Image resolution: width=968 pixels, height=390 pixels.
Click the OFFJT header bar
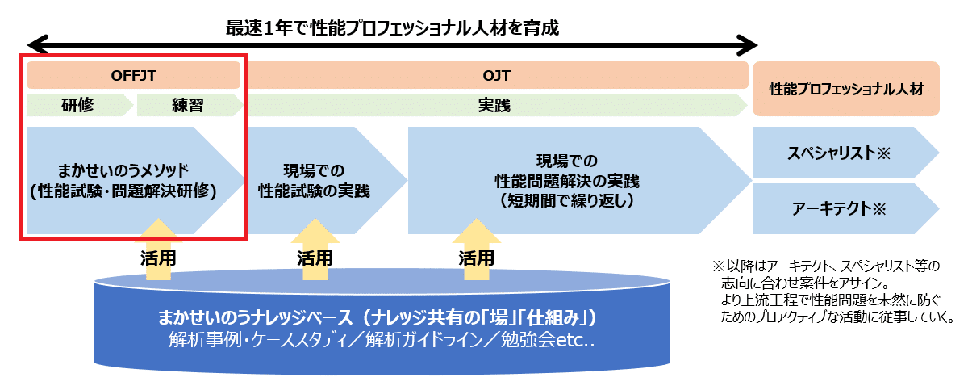(x=133, y=75)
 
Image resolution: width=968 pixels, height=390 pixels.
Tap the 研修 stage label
(x=79, y=106)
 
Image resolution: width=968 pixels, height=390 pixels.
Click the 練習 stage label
(x=188, y=106)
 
